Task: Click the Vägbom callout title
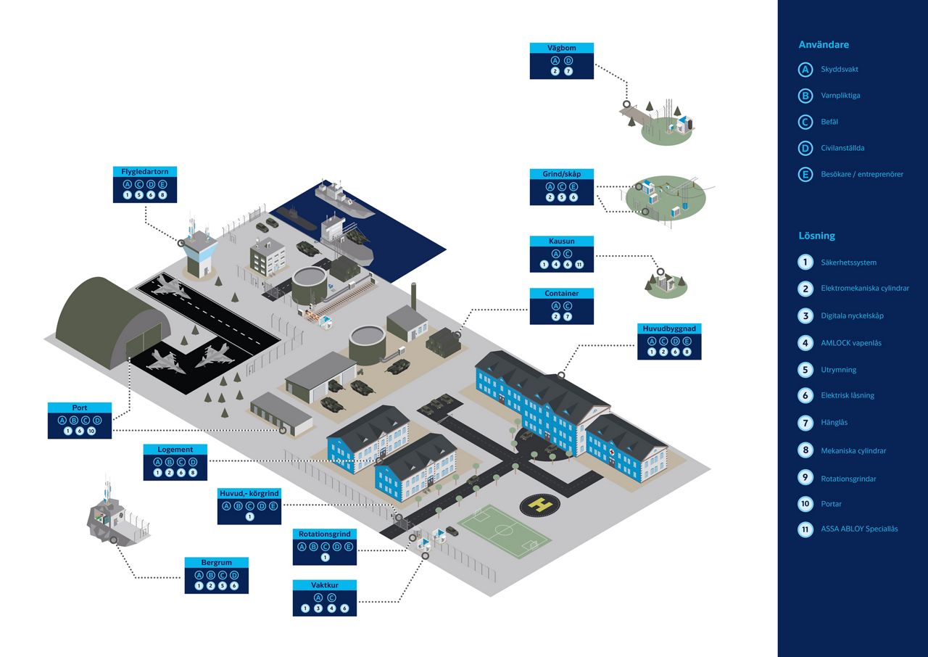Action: pos(561,48)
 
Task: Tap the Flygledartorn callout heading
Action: pos(144,171)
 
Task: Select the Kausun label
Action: pos(561,241)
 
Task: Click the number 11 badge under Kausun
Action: pos(579,264)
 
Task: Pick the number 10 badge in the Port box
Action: pos(91,431)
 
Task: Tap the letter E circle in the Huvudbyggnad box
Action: pos(687,341)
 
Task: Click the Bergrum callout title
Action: pos(216,563)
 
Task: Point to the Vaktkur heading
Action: pos(324,585)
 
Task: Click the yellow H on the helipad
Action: pos(539,505)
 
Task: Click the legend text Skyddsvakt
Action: pos(840,69)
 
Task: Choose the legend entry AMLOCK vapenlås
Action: pos(851,343)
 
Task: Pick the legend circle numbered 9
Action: pos(805,478)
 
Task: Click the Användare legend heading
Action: pos(824,45)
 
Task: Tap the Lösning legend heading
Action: pos(816,236)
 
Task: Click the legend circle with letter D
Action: pos(805,148)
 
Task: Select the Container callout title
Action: pos(561,293)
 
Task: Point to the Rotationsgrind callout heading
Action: pos(324,534)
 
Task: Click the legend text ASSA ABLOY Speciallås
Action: pos(859,529)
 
